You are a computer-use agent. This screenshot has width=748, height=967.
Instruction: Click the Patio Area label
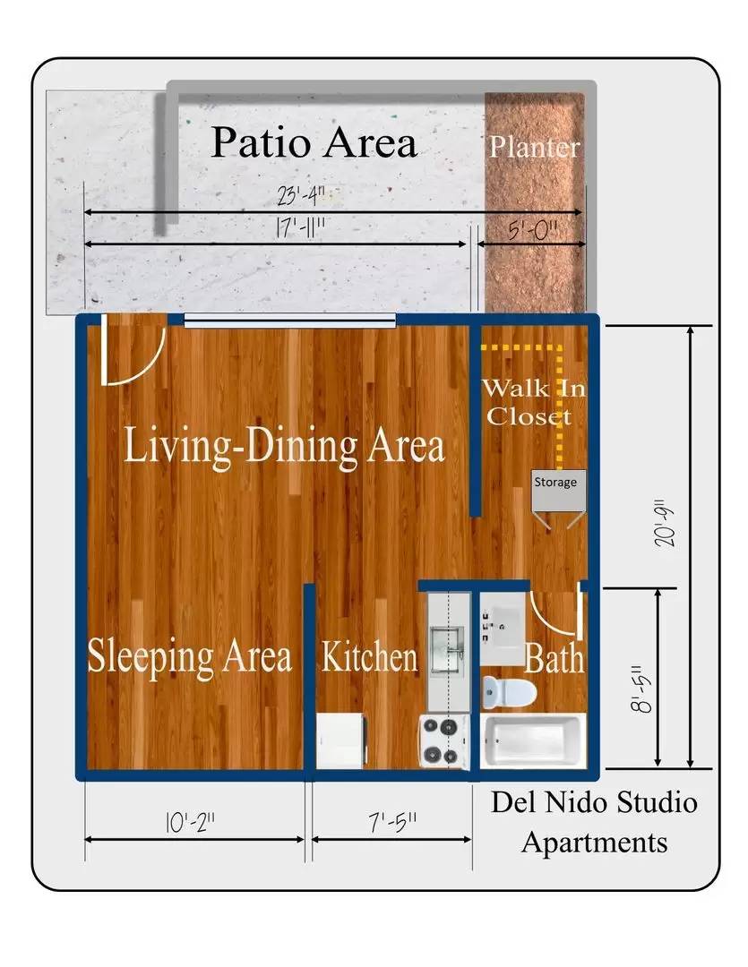[314, 143]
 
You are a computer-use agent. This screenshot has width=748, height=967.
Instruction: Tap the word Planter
[535, 147]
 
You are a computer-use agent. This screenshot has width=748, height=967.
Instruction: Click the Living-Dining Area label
[284, 445]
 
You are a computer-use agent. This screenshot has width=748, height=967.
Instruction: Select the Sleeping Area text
[189, 656]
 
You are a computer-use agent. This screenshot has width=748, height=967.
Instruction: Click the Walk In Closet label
[529, 403]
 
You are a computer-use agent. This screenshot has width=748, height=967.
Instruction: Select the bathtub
[530, 741]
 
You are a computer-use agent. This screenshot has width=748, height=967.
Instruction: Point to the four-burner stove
[443, 741]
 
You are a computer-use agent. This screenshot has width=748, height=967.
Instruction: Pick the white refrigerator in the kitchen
[340, 740]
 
